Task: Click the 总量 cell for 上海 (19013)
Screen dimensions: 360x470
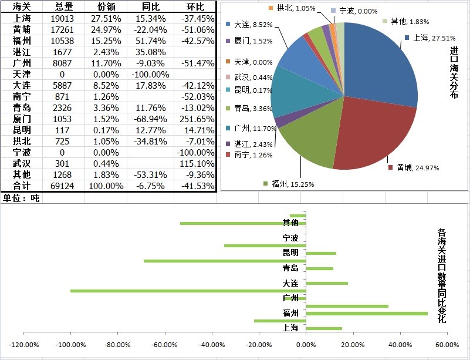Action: (x=63, y=18)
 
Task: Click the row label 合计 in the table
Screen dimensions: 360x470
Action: (x=22, y=186)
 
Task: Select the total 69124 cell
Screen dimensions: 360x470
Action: (x=63, y=186)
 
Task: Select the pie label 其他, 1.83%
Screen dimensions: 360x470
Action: (x=406, y=21)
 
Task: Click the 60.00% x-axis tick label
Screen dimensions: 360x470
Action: (x=447, y=344)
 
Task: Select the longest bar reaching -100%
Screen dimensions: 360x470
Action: (x=188, y=291)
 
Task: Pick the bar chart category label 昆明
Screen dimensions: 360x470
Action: (x=290, y=253)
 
